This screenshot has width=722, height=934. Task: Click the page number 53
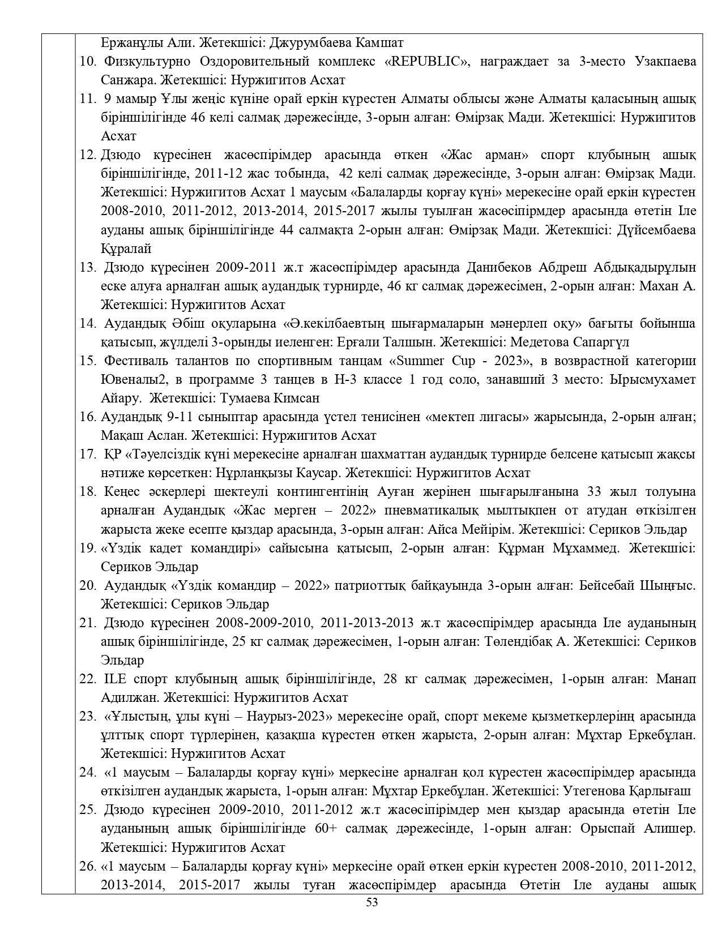[372, 902]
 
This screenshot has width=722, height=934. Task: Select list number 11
[87, 98]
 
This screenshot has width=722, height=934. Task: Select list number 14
[87, 323]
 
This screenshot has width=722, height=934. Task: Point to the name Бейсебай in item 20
[606, 585]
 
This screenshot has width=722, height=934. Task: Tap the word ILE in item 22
[114, 679]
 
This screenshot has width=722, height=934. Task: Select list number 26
[87, 866]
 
